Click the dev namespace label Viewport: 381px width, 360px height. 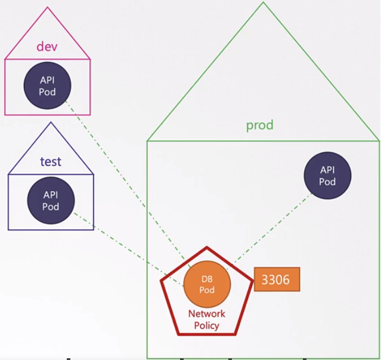(x=48, y=46)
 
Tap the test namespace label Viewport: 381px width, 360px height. (x=51, y=161)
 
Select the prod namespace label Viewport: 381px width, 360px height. (x=260, y=125)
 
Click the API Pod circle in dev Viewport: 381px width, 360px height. (x=48, y=86)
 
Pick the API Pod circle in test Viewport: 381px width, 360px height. (x=51, y=200)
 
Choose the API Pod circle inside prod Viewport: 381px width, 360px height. (x=327, y=176)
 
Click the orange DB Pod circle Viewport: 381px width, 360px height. (x=207, y=285)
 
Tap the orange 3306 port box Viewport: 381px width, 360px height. (x=277, y=279)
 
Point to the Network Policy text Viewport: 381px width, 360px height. (x=207, y=319)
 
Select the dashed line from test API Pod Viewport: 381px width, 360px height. (x=119, y=242)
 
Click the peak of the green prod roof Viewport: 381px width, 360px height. (x=263, y=3)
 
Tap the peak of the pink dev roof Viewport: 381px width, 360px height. (x=48, y=8)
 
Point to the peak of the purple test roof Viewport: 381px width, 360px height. (x=51, y=123)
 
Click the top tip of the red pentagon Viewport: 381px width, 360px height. (x=207, y=247)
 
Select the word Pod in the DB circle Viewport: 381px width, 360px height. (x=207, y=290)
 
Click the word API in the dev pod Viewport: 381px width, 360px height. (x=48, y=81)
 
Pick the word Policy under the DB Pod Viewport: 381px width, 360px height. (x=207, y=325)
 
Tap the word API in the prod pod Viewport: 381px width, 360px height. (x=327, y=170)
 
